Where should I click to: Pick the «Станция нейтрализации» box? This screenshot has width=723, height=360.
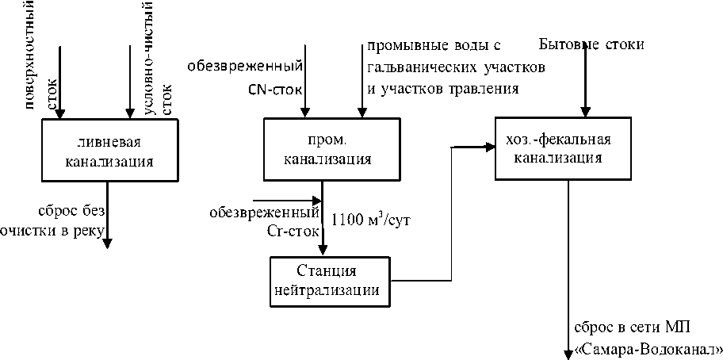pos(331,280)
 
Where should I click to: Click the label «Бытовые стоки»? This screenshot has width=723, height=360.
pos(591,44)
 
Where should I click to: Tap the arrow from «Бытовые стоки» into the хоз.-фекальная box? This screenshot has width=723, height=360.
pos(586,87)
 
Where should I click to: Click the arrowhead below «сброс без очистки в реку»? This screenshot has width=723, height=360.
pos(106,241)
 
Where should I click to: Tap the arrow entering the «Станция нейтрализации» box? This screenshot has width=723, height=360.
pos(322,238)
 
